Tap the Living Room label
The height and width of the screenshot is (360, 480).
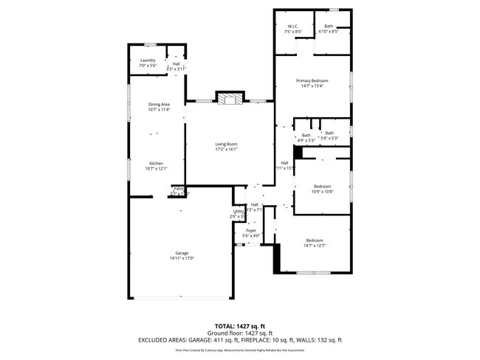227,144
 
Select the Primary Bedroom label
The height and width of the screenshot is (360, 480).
312,80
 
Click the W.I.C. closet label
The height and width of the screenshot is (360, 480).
293,27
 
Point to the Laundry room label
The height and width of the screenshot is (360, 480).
148,60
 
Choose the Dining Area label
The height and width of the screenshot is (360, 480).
160,105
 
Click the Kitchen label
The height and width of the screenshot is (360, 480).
156,163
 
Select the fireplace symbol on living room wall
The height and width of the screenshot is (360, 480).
228,100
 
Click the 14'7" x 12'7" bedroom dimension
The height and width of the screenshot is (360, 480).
315,246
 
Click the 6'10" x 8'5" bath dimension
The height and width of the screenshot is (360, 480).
328,32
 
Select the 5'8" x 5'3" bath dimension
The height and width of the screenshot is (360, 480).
329,138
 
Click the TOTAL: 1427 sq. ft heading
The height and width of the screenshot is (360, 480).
239,325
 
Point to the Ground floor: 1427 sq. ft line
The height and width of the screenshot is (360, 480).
239,333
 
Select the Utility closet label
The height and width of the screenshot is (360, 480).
239,211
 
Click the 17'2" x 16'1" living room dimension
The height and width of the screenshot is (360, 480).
227,149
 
